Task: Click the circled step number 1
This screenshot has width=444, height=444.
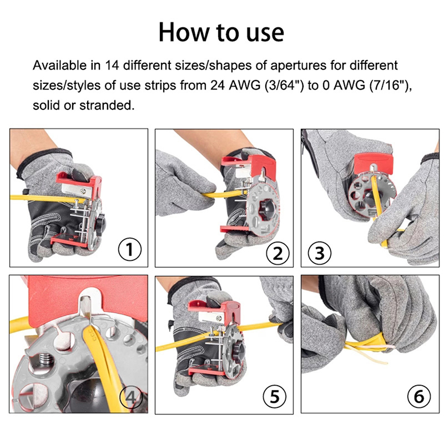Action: [129, 249]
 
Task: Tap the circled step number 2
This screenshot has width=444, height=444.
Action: [278, 253]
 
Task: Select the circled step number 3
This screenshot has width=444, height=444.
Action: [319, 253]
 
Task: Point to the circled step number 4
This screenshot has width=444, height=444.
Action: [131, 397]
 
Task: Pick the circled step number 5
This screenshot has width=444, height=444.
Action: [274, 396]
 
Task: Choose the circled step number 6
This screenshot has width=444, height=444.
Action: [419, 396]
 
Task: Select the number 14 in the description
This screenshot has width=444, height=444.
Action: [112, 65]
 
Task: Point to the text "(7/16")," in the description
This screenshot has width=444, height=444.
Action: [391, 85]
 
